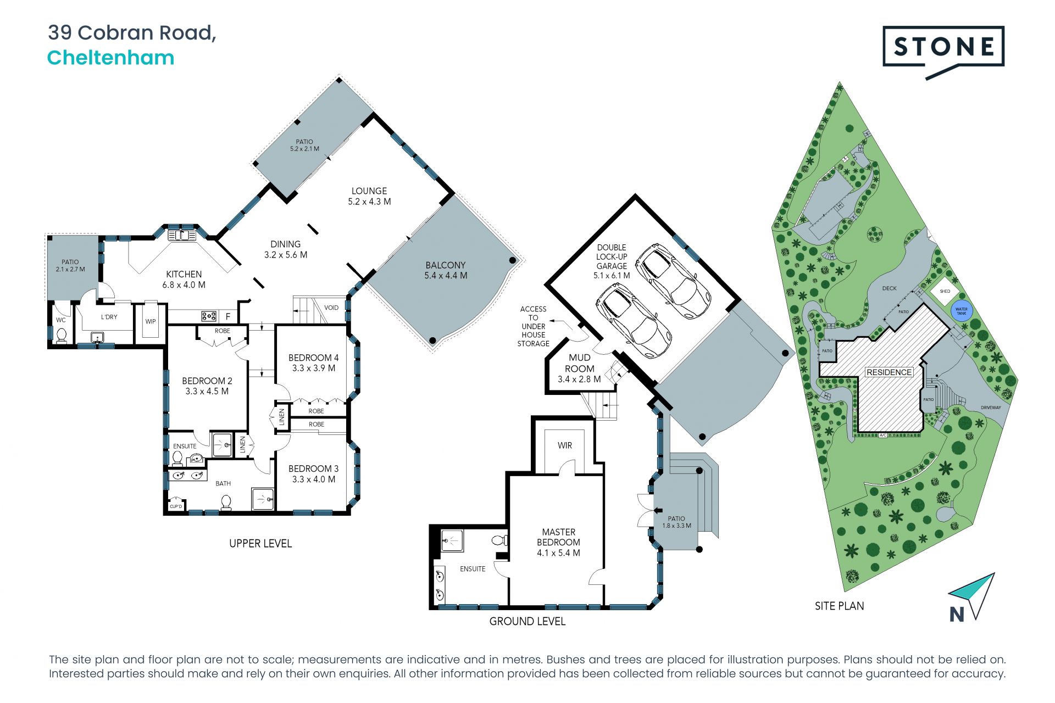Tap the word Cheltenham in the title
[110, 58]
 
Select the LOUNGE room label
[369, 191]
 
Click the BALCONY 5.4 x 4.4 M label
[446, 270]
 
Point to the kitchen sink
[182, 236]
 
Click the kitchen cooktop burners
[209, 316]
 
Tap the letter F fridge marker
[228, 317]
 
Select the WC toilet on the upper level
[62, 334]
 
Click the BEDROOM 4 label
[313, 358]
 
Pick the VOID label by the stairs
[331, 308]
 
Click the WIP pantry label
[151, 322]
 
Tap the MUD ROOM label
[580, 363]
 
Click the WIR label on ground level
[565, 445]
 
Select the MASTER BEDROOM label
[559, 537]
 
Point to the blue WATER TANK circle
[962, 311]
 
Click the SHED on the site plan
[945, 291]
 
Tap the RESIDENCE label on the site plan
[889, 372]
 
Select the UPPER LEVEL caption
[260, 544]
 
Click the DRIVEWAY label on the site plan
[991, 408]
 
